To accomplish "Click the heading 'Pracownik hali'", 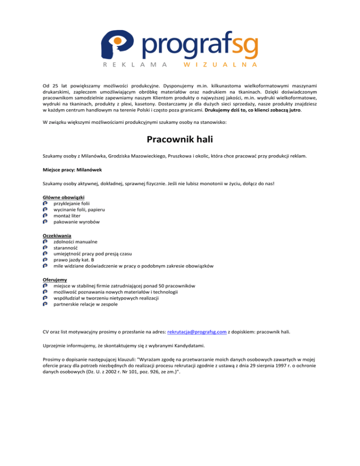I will [180, 140].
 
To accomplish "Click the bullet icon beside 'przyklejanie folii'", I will [45, 203].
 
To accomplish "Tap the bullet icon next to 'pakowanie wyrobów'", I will [45, 222].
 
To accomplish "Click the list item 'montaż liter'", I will [67, 216].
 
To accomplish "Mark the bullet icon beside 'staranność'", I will [45, 248].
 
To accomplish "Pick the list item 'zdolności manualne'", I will [75, 241].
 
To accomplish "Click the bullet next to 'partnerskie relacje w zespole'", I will [45, 304].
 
